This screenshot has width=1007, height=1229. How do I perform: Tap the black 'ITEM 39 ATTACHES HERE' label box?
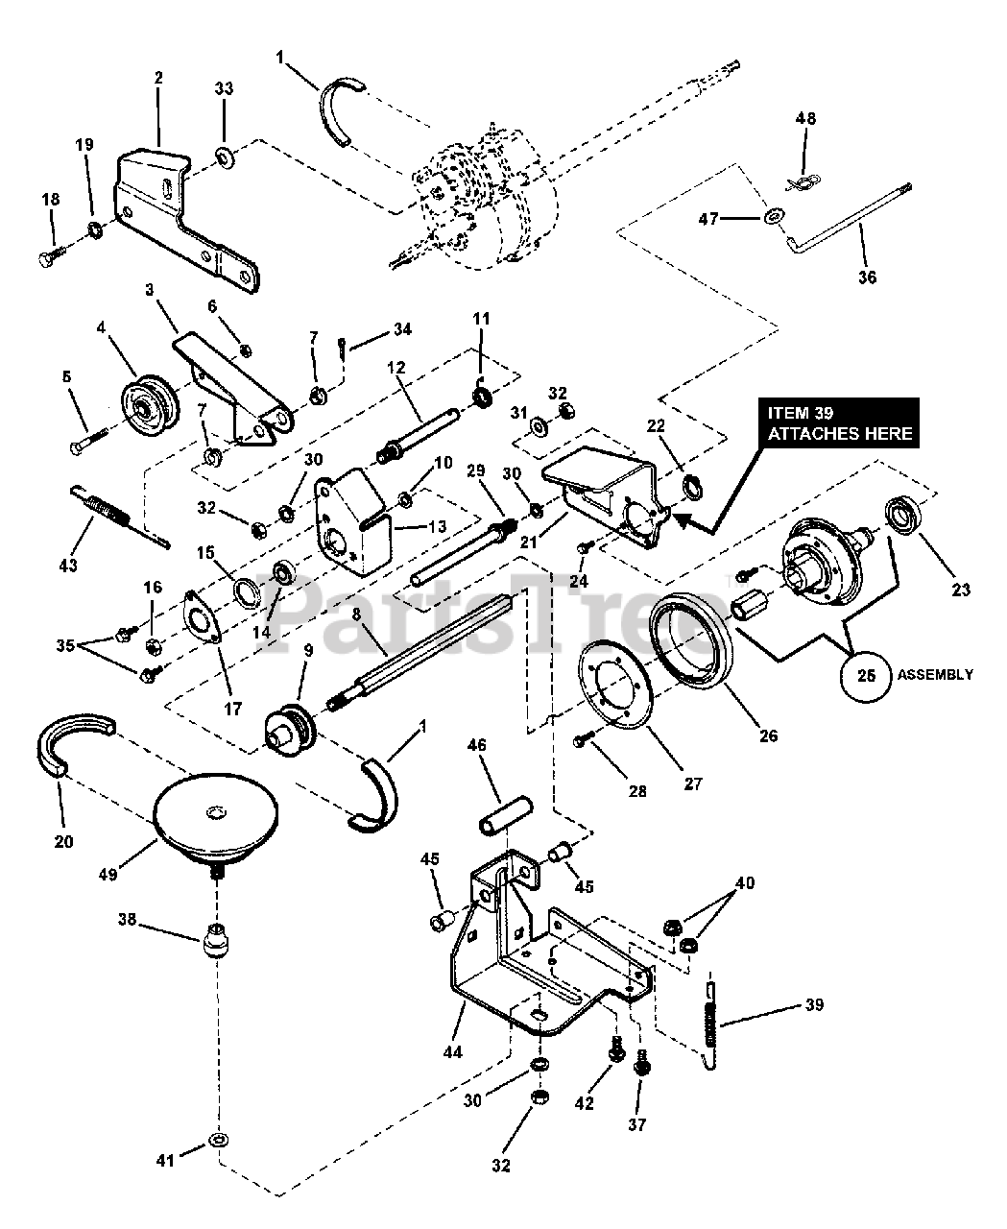pyautogui.click(x=839, y=423)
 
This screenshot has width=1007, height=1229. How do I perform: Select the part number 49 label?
pyautogui.click(x=108, y=874)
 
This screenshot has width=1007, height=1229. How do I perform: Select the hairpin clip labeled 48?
pyautogui.click(x=803, y=183)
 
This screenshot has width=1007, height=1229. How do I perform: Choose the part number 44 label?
pyautogui.click(x=452, y=1051)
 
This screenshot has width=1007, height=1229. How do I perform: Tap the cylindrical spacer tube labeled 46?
pyautogui.click(x=505, y=816)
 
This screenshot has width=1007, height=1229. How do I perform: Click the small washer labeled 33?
pyautogui.click(x=225, y=157)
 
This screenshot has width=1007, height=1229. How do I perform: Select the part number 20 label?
pyautogui.click(x=63, y=841)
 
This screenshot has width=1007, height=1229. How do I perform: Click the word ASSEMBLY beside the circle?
pyautogui.click(x=935, y=674)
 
